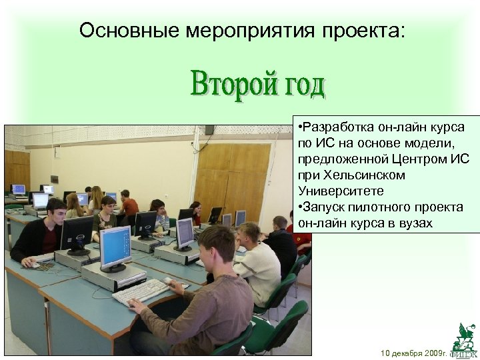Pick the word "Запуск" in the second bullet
(x=326, y=207)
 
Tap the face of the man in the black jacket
(x=57, y=210)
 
